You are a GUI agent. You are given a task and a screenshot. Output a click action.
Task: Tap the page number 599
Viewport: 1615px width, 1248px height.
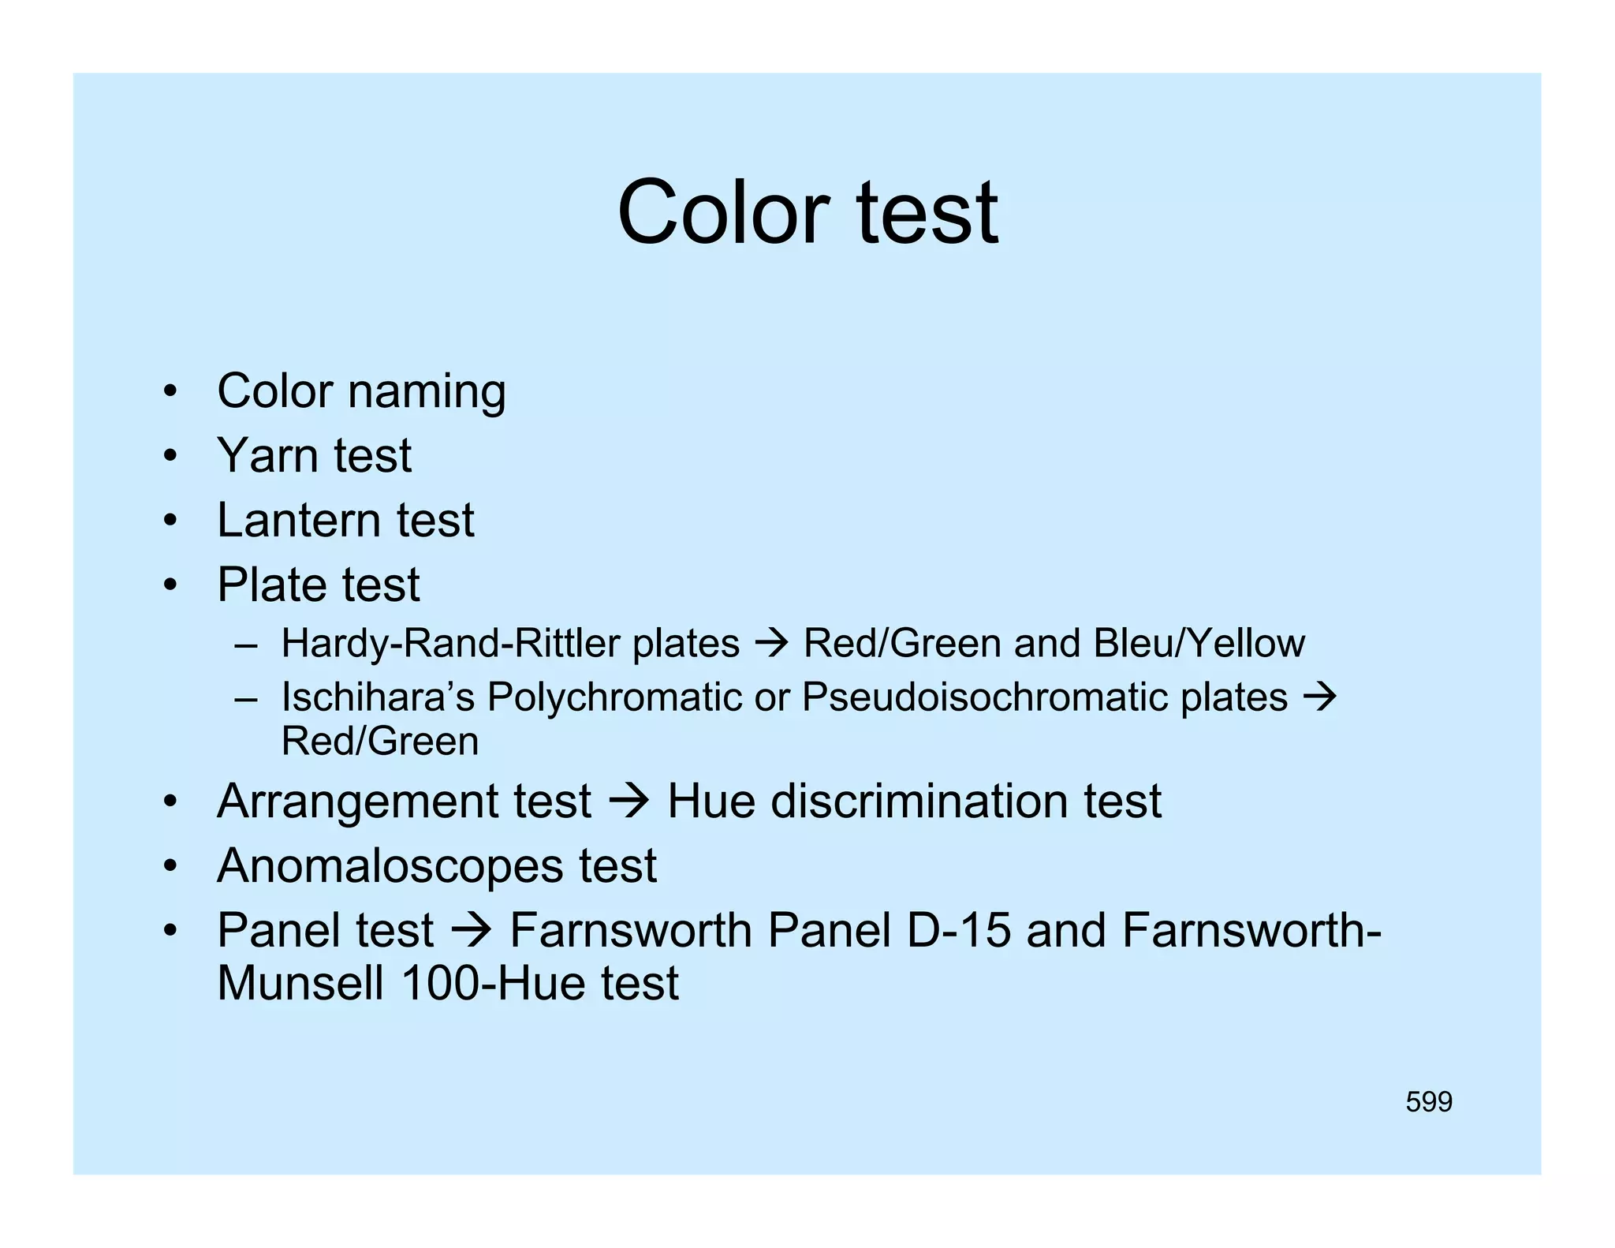tap(1428, 1102)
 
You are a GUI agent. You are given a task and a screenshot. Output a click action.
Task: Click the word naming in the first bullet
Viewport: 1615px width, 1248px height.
tap(427, 392)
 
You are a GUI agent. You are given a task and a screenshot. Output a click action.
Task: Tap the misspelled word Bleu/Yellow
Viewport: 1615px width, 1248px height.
tap(1199, 644)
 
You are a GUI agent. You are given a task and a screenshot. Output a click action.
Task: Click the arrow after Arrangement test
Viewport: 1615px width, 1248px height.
tap(628, 802)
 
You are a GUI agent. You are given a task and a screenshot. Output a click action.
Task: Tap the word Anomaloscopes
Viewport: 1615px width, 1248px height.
tap(390, 866)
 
